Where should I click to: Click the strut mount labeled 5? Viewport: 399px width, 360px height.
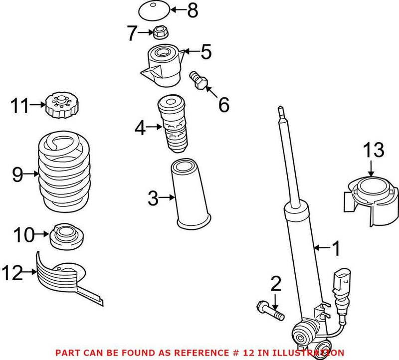point(162,66)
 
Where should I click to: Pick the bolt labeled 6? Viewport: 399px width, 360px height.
point(198,81)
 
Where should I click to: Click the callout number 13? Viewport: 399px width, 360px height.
point(373,150)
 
